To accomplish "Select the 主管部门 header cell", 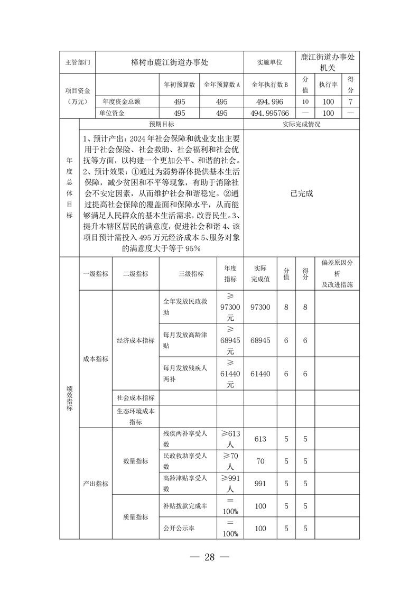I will [78, 62].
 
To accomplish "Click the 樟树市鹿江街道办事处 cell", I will [170, 62].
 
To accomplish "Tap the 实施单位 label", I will [269, 62].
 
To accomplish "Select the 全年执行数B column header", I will [269, 84].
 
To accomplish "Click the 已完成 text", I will [302, 193].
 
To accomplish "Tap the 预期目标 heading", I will [162, 125].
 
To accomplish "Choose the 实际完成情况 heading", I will [302, 125].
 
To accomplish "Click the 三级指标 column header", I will [191, 274].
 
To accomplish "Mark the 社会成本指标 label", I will [136, 397].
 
